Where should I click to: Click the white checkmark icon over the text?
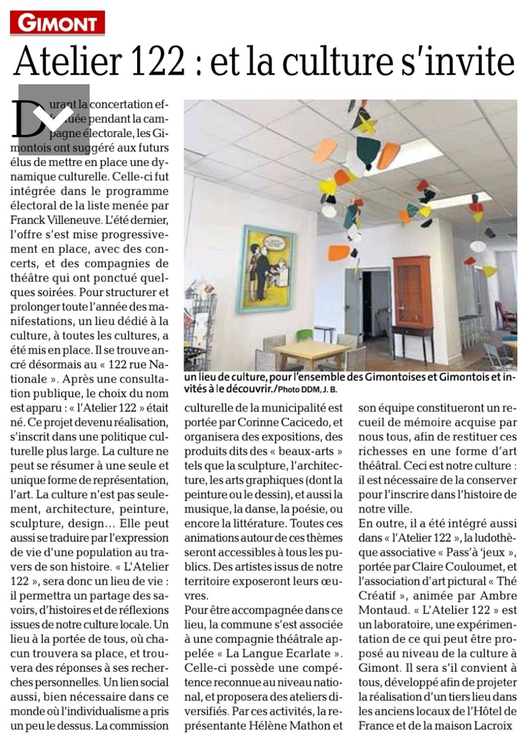coord(54,117)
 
